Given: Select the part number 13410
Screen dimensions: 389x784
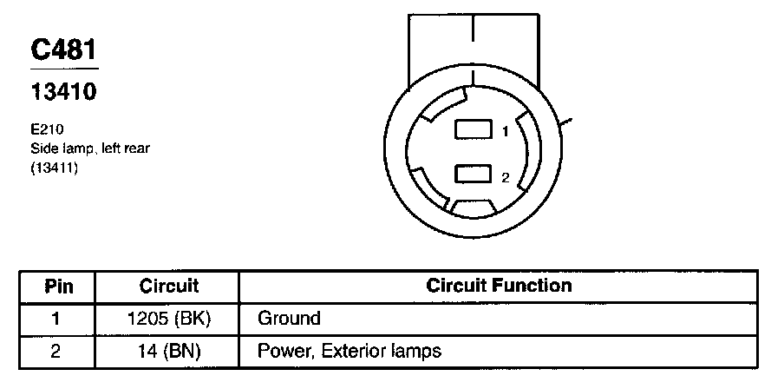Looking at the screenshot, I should point(64,90).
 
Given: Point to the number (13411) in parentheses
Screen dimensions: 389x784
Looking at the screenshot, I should point(55,168).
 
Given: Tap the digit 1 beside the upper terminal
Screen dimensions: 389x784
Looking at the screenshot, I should point(505,132).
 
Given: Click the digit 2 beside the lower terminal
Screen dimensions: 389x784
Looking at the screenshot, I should point(505,177).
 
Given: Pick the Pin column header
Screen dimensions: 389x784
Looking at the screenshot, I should point(59,286).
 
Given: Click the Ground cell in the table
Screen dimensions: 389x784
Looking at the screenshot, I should point(289,319).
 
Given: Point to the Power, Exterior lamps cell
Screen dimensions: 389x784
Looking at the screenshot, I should point(350,352).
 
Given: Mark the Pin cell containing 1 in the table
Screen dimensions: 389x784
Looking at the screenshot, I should point(57,318).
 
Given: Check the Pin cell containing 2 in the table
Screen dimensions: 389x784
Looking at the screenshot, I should point(57,352).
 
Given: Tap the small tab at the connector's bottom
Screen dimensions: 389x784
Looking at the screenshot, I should point(473,208).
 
